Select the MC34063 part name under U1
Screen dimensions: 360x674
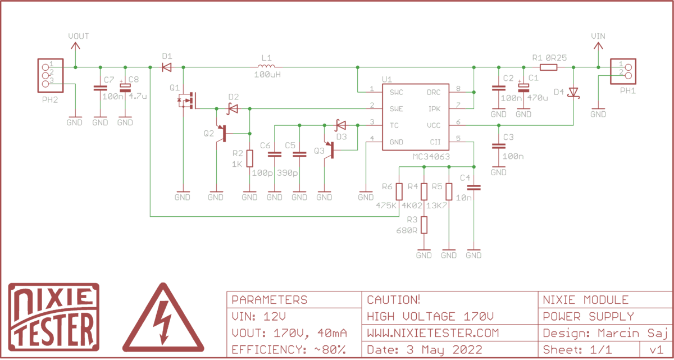431,157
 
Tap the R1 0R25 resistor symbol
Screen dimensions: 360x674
548,67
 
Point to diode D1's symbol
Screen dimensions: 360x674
166,67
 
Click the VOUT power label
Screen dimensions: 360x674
78,36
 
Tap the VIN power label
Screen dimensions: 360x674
598,36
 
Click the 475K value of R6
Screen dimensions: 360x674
385,206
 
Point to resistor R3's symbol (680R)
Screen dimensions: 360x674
424,225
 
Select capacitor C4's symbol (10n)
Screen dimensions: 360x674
473,188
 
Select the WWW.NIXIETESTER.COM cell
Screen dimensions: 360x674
432,332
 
